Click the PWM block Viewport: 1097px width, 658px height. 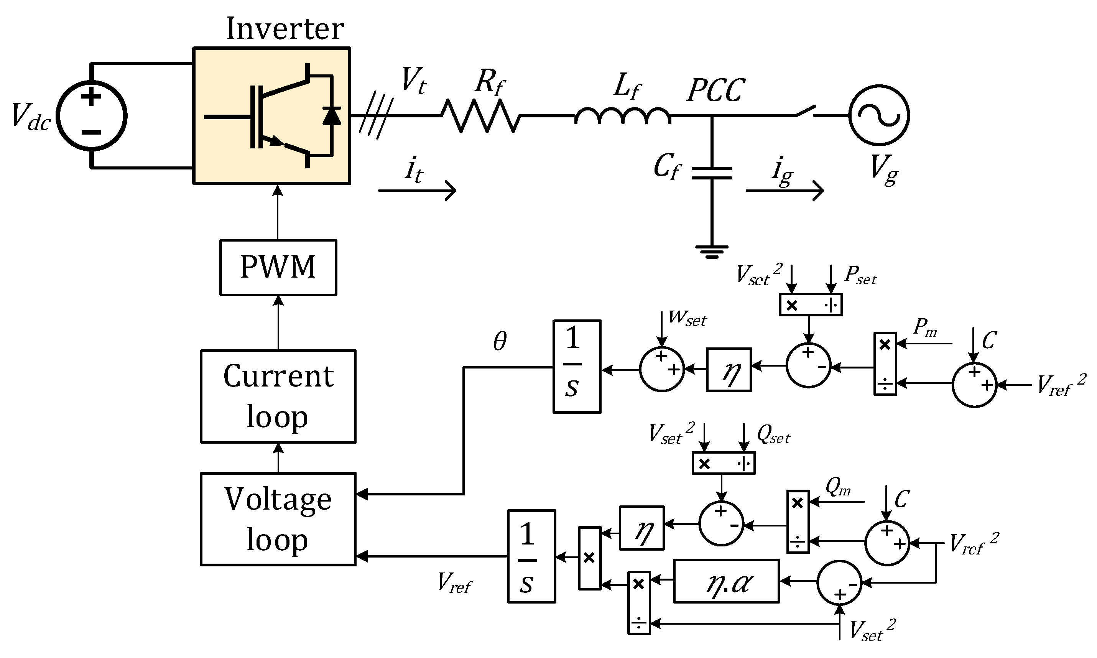click(278, 267)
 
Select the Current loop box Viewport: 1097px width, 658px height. click(278, 396)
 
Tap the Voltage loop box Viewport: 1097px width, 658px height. click(278, 519)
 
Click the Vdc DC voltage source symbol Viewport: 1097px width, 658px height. click(92, 116)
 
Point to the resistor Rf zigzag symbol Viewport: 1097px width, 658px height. click(480, 116)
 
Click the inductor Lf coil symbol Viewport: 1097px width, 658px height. click(623, 115)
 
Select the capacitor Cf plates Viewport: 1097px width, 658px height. click(711, 173)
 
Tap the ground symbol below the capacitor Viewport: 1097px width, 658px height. click(711, 252)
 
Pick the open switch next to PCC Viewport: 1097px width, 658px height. click(805, 111)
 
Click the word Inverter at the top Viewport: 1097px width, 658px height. click(285, 29)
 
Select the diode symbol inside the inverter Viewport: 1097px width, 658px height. click(332, 116)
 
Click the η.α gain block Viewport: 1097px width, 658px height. click(726, 581)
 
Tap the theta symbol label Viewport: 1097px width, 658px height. click(500, 341)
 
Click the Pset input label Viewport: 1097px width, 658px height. click(860, 275)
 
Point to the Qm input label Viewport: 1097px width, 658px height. click(838, 487)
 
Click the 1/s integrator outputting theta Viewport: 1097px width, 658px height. click(577, 366)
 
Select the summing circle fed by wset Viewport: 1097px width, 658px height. click(662, 369)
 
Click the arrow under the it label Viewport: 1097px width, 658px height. click(417, 191)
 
